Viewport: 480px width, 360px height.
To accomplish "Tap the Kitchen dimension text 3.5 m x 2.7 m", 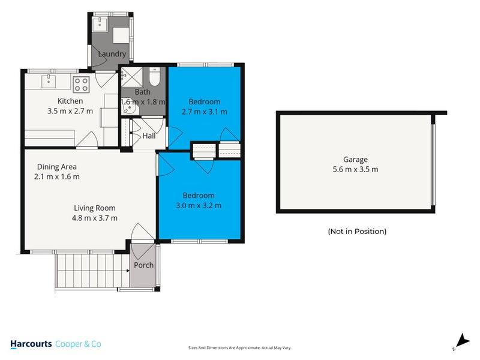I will (x=70, y=111).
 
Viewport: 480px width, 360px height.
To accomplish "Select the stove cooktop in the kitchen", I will (x=81, y=83).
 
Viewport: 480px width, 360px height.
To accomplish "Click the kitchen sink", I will (x=49, y=80).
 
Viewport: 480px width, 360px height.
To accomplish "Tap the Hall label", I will (x=149, y=136).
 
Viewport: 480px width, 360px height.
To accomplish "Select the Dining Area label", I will (x=56, y=167).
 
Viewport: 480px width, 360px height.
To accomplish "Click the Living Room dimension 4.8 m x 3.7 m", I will (x=95, y=218).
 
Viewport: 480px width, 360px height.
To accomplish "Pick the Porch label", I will (x=143, y=265).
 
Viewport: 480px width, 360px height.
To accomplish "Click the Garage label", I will (x=355, y=160).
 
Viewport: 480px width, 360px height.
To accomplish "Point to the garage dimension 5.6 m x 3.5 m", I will (x=355, y=169).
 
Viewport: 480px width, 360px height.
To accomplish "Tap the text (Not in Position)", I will (x=357, y=231).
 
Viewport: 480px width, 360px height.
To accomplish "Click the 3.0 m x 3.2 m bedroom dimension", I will (x=199, y=205).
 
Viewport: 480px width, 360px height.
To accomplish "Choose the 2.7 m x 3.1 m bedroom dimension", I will (x=205, y=111).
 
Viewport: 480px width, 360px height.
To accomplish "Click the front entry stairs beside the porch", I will (x=92, y=269).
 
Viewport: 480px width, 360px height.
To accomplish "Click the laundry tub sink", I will (x=99, y=25).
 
